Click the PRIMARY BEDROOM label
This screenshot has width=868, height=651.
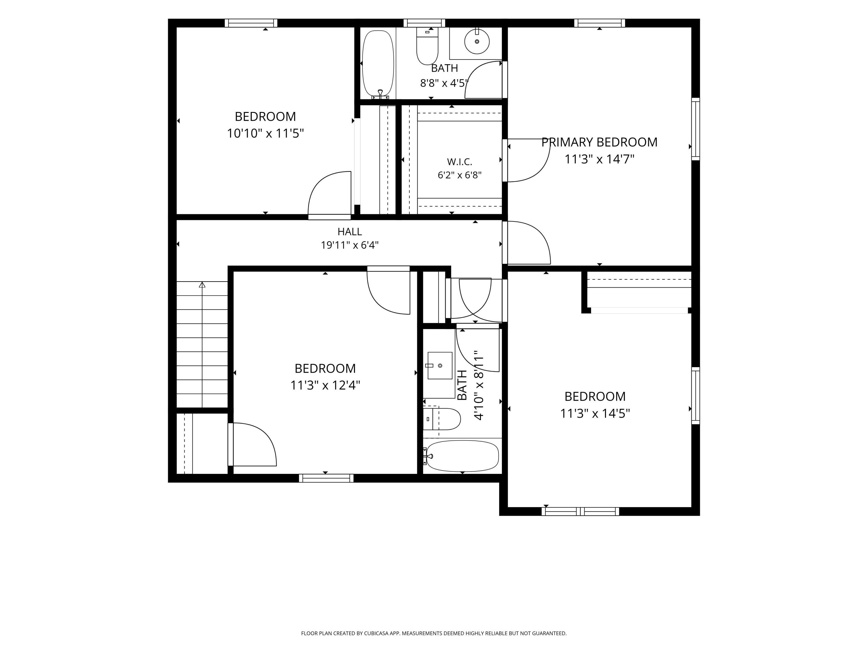599,142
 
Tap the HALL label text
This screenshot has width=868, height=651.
349,232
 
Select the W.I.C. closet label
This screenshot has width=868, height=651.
459,162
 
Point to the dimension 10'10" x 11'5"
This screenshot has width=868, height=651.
265,133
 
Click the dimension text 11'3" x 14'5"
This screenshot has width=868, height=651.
595,413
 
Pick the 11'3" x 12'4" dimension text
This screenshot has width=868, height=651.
325,385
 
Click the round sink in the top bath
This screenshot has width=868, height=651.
477,41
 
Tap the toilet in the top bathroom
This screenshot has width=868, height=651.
427,46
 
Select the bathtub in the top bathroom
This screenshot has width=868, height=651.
378,64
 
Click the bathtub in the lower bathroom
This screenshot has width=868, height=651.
462,456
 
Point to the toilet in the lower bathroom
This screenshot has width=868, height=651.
442,419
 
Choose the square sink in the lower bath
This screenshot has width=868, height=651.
439,365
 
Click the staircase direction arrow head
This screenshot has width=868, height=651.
202,284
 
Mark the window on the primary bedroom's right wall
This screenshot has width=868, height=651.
695,129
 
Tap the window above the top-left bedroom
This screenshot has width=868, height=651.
251,23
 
